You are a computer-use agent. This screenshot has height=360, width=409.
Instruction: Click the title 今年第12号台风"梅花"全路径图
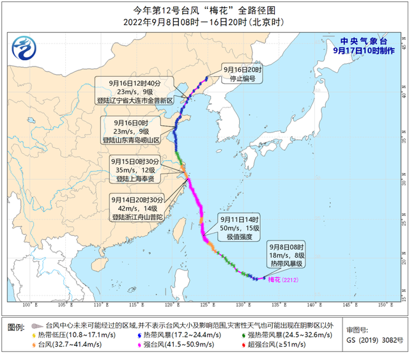(x=204, y=10)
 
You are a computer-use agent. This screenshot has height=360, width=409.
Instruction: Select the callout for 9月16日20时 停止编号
(x=242, y=74)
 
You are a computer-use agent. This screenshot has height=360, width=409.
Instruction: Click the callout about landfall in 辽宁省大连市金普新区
(x=135, y=91)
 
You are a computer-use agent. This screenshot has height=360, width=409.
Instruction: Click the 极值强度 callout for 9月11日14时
(x=241, y=227)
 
